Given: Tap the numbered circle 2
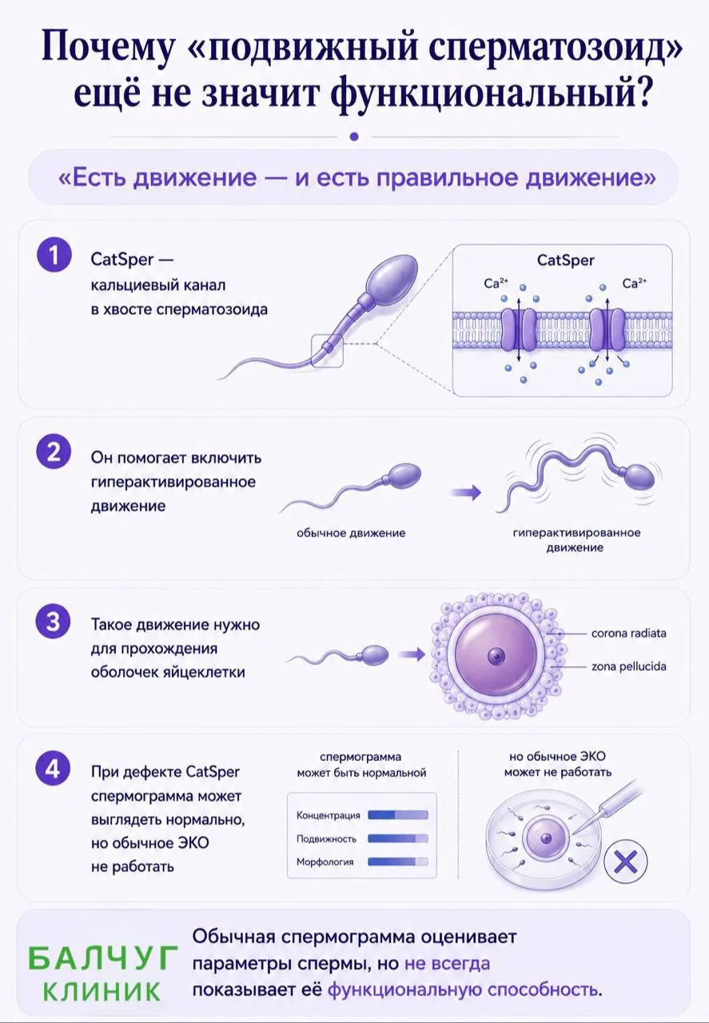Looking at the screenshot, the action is (x=54, y=452).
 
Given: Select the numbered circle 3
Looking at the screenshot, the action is (x=54, y=622).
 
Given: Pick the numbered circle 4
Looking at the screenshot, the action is (x=54, y=770).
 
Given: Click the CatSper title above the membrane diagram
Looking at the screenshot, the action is (x=566, y=261).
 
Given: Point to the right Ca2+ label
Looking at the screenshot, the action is (x=634, y=284).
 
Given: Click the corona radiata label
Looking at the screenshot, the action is (x=628, y=634).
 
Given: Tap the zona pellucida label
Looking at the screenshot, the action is (x=628, y=667).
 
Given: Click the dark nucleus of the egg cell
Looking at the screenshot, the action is (x=496, y=657).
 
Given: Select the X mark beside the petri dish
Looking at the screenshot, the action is (x=625, y=862).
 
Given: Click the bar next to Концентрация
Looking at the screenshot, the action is (x=398, y=814).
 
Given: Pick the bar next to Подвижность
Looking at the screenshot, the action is (x=398, y=838).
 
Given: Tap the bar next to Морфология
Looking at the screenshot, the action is (x=398, y=862).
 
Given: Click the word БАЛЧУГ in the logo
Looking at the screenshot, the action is (x=103, y=958).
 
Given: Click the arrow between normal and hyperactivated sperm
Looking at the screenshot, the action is (x=465, y=492).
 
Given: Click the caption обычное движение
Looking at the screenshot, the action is (x=351, y=533).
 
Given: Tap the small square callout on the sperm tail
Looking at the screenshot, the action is (x=327, y=350).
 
